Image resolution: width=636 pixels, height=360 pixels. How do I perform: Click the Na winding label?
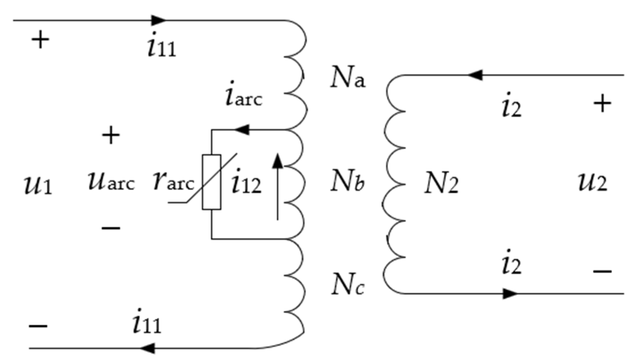coord(347,80)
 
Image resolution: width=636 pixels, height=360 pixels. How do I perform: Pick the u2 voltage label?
coord(592,183)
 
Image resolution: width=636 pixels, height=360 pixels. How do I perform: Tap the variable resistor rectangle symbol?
coord(211,182)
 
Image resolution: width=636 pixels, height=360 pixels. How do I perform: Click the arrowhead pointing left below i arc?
coord(242,130)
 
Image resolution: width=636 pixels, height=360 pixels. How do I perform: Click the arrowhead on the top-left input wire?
coord(158,20)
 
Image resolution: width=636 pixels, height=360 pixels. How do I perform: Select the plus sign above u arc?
coord(111,135)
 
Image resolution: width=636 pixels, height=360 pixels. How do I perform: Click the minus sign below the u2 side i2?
coord(602,271)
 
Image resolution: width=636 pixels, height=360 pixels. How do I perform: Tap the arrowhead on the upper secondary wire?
coord(475,75)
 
